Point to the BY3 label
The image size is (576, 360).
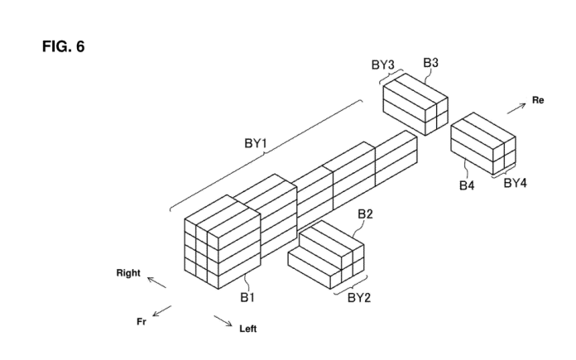pyautogui.click(x=384, y=63)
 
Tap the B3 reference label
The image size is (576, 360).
pyautogui.click(x=431, y=62)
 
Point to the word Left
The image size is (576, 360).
pyautogui.click(x=248, y=329)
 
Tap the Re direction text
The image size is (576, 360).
pyautogui.click(x=538, y=100)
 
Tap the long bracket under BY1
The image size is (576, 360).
pyautogui.click(x=265, y=155)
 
